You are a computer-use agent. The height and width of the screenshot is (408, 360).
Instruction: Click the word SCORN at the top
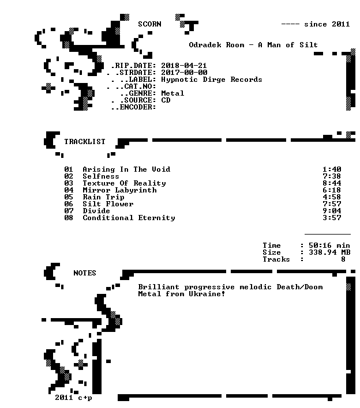tap(149, 24)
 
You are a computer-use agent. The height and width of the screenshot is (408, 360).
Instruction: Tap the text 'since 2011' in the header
tap(327, 24)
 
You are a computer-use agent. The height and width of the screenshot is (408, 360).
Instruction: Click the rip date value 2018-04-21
tap(184, 66)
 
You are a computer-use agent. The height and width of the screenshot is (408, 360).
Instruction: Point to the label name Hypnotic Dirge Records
tap(212, 80)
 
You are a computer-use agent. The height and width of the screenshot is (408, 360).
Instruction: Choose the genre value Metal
tap(172, 93)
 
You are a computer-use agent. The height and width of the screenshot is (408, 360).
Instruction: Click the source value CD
tap(166, 100)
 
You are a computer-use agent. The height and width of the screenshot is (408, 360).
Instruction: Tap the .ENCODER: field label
tap(134, 107)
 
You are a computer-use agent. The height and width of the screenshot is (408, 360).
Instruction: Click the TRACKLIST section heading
tap(85, 142)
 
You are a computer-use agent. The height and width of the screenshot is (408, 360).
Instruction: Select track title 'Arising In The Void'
tap(126, 169)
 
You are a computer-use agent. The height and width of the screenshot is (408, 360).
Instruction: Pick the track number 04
tap(69, 190)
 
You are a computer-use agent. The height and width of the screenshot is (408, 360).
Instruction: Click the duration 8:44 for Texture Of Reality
tap(332, 183)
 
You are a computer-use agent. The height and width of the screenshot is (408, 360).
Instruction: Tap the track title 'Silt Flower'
tap(108, 204)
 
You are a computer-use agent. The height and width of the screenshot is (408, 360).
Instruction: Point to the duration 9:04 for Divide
tap(332, 211)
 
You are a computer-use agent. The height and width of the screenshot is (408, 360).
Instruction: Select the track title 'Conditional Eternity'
tap(129, 218)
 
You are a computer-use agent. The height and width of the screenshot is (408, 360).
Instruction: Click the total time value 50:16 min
tap(329, 245)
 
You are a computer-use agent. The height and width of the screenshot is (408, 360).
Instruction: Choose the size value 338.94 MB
tap(329, 252)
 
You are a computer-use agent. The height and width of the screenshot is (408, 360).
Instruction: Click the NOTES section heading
tap(85, 273)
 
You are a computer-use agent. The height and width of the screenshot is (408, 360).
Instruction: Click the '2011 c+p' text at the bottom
tap(73, 398)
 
